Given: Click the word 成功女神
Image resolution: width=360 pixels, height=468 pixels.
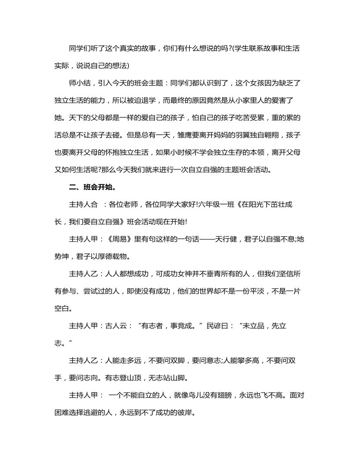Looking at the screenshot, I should click(184, 274).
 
